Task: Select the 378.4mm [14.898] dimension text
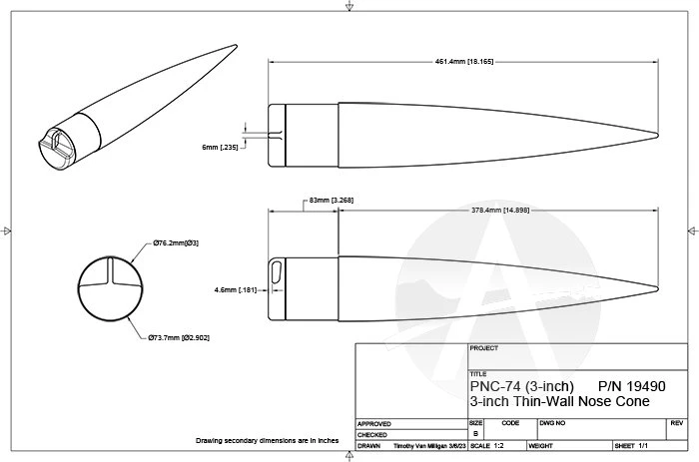pos(498,211)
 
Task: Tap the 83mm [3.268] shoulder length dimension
pos(332,201)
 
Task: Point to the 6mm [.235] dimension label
pos(219,147)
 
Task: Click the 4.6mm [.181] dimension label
pos(235,290)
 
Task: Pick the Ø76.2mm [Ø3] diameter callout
pos(176,242)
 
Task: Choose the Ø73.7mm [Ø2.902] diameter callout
pos(179,338)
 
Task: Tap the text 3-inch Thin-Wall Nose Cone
pos(559,401)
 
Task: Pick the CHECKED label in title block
pos(372,435)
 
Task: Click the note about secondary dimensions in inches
pos(267,440)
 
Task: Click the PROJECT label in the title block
pos(482,350)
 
